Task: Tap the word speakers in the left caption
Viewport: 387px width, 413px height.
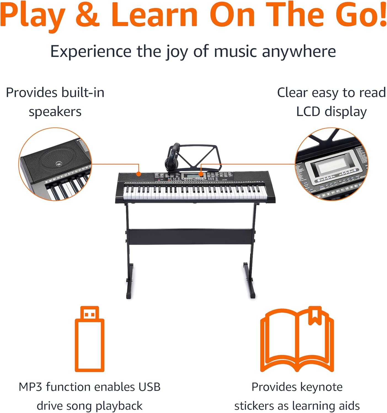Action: [x=55, y=112]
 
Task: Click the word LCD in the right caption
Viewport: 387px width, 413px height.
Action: [x=308, y=112]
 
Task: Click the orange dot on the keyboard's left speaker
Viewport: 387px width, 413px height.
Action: [x=139, y=174]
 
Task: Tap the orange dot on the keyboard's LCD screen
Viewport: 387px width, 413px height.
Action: [x=201, y=174]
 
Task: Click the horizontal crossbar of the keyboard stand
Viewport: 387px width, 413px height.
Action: [x=190, y=237]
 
